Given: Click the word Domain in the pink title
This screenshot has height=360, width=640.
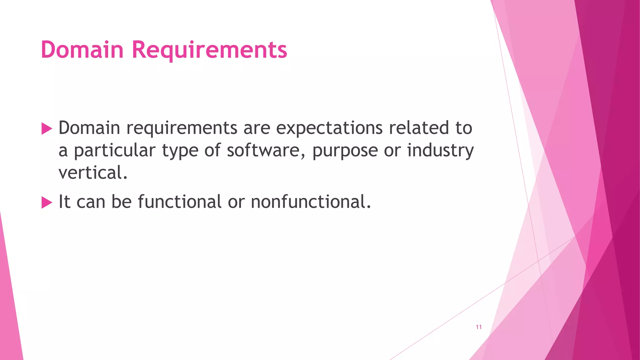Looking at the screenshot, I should pyautogui.click(x=82, y=50).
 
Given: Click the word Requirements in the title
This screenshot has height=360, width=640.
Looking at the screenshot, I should pyautogui.click(x=209, y=50).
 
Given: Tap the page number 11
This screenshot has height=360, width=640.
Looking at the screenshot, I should pyautogui.click(x=478, y=327).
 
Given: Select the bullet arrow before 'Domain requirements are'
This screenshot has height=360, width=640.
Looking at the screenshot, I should pyautogui.click(x=47, y=128).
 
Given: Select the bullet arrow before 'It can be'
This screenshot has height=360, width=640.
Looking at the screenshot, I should pyautogui.click(x=47, y=202).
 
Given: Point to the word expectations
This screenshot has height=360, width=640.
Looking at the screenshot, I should pyautogui.click(x=329, y=128).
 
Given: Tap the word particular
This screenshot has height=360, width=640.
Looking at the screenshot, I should pyautogui.click(x=114, y=151).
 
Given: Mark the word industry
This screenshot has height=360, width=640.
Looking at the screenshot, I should pyautogui.click(x=440, y=151).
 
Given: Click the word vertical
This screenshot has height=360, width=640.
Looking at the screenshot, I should pyautogui.click(x=93, y=173).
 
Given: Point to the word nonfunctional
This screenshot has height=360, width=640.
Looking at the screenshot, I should pyautogui.click(x=311, y=202).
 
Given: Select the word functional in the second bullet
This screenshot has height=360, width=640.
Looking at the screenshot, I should pyautogui.click(x=180, y=202).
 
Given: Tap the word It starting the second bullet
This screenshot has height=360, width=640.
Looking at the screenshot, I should pyautogui.click(x=64, y=202).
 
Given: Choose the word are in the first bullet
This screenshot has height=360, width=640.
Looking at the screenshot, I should pyautogui.click(x=257, y=128).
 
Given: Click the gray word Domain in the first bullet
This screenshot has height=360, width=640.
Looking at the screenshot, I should pyautogui.click(x=89, y=128).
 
